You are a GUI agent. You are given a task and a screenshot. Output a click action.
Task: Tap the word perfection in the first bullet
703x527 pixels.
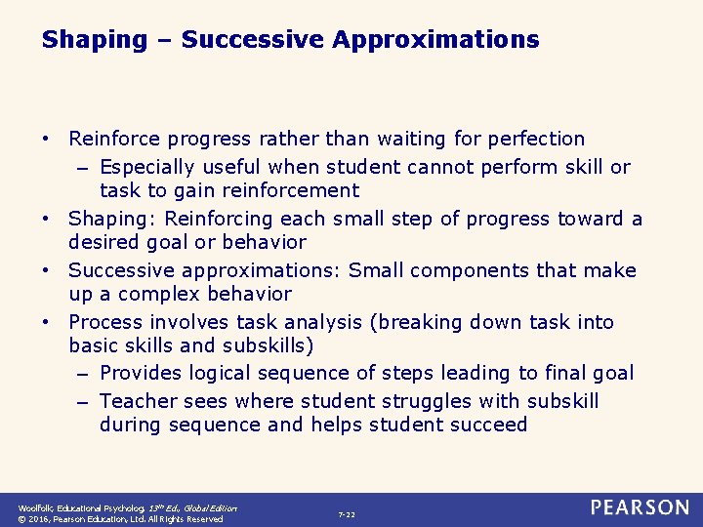point(531,140)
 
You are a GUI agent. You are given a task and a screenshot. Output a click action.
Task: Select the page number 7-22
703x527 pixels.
point(347,514)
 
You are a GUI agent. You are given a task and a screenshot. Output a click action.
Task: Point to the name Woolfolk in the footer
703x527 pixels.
point(37,508)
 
